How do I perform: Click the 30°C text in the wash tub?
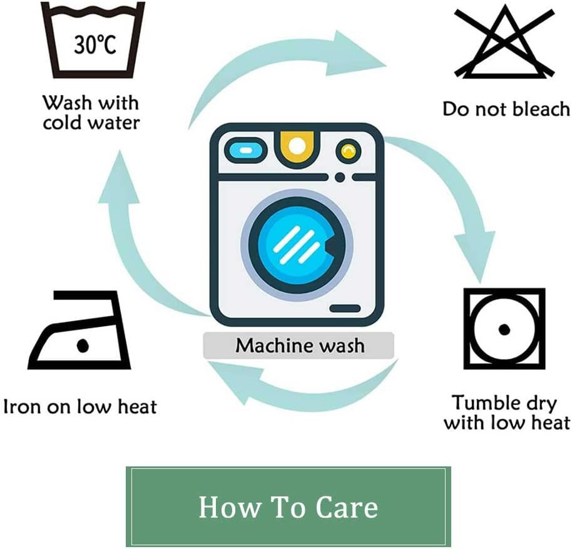95,45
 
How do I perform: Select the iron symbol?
79,330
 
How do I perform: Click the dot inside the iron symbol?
83,345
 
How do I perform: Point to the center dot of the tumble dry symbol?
504,329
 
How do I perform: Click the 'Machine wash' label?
300,346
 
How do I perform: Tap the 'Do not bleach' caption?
506,109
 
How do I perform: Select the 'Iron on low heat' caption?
80,406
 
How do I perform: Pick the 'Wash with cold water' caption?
91,112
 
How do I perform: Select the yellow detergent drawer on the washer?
297,147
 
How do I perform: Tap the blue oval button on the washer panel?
245,150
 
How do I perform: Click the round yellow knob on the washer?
349,151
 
